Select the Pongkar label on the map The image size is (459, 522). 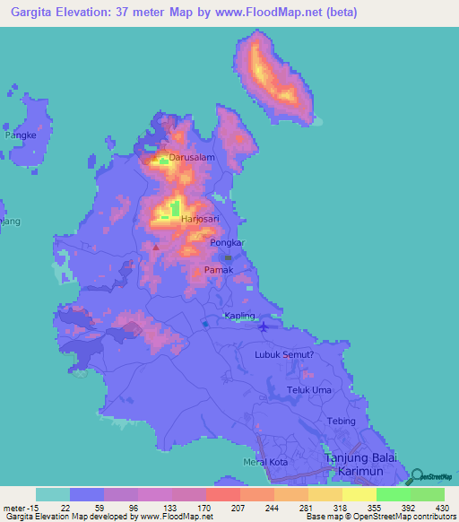[227, 243]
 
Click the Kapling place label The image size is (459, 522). [240, 316]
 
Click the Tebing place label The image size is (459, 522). [342, 421]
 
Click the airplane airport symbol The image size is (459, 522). [263, 326]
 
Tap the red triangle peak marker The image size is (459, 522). [156, 247]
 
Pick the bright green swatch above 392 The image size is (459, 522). [393, 494]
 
